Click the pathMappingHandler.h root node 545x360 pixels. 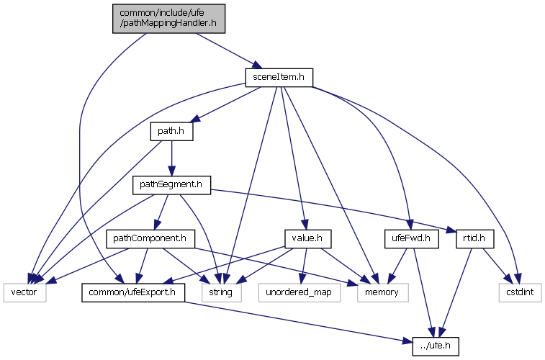(x=168, y=18)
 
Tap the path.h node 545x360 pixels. (x=171, y=132)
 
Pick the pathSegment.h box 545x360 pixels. (x=170, y=185)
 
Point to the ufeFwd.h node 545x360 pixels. (x=411, y=238)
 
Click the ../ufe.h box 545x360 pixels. (x=435, y=346)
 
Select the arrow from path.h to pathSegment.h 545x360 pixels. (x=171, y=158)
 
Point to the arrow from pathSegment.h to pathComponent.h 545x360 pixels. (x=161, y=212)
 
